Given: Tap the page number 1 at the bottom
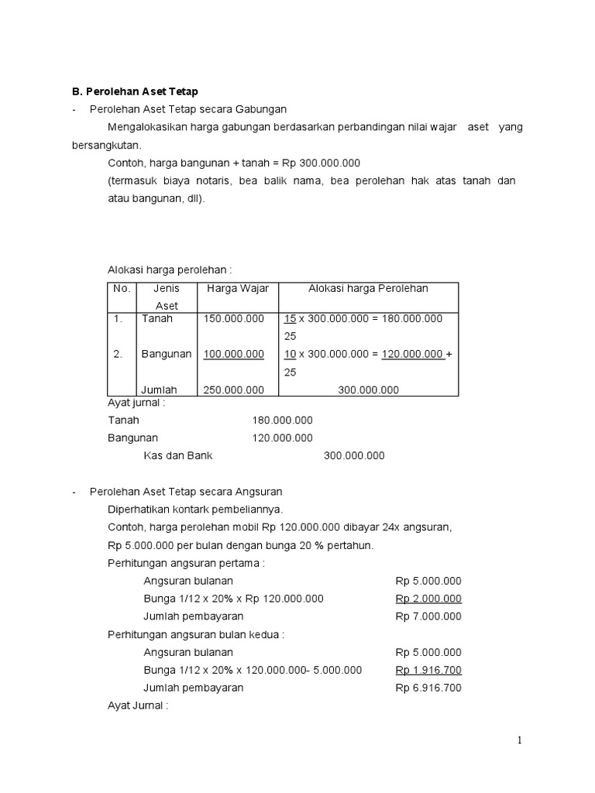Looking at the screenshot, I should coord(520,741).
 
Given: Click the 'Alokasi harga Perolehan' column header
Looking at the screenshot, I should coord(368,289).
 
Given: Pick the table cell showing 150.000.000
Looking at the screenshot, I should coord(233,318).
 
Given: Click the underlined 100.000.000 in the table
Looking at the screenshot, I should coord(233,354).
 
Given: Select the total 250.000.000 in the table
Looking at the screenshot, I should coord(233,390).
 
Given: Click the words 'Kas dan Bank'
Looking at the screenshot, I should coord(177,455).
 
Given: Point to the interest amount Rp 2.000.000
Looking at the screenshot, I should coord(428,599).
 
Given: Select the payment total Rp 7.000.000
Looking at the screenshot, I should coord(428,616).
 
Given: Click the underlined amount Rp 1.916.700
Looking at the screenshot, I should coord(428,670).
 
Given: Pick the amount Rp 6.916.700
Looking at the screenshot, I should coord(428,688).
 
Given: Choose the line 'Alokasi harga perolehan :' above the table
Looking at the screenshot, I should coord(170,269).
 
